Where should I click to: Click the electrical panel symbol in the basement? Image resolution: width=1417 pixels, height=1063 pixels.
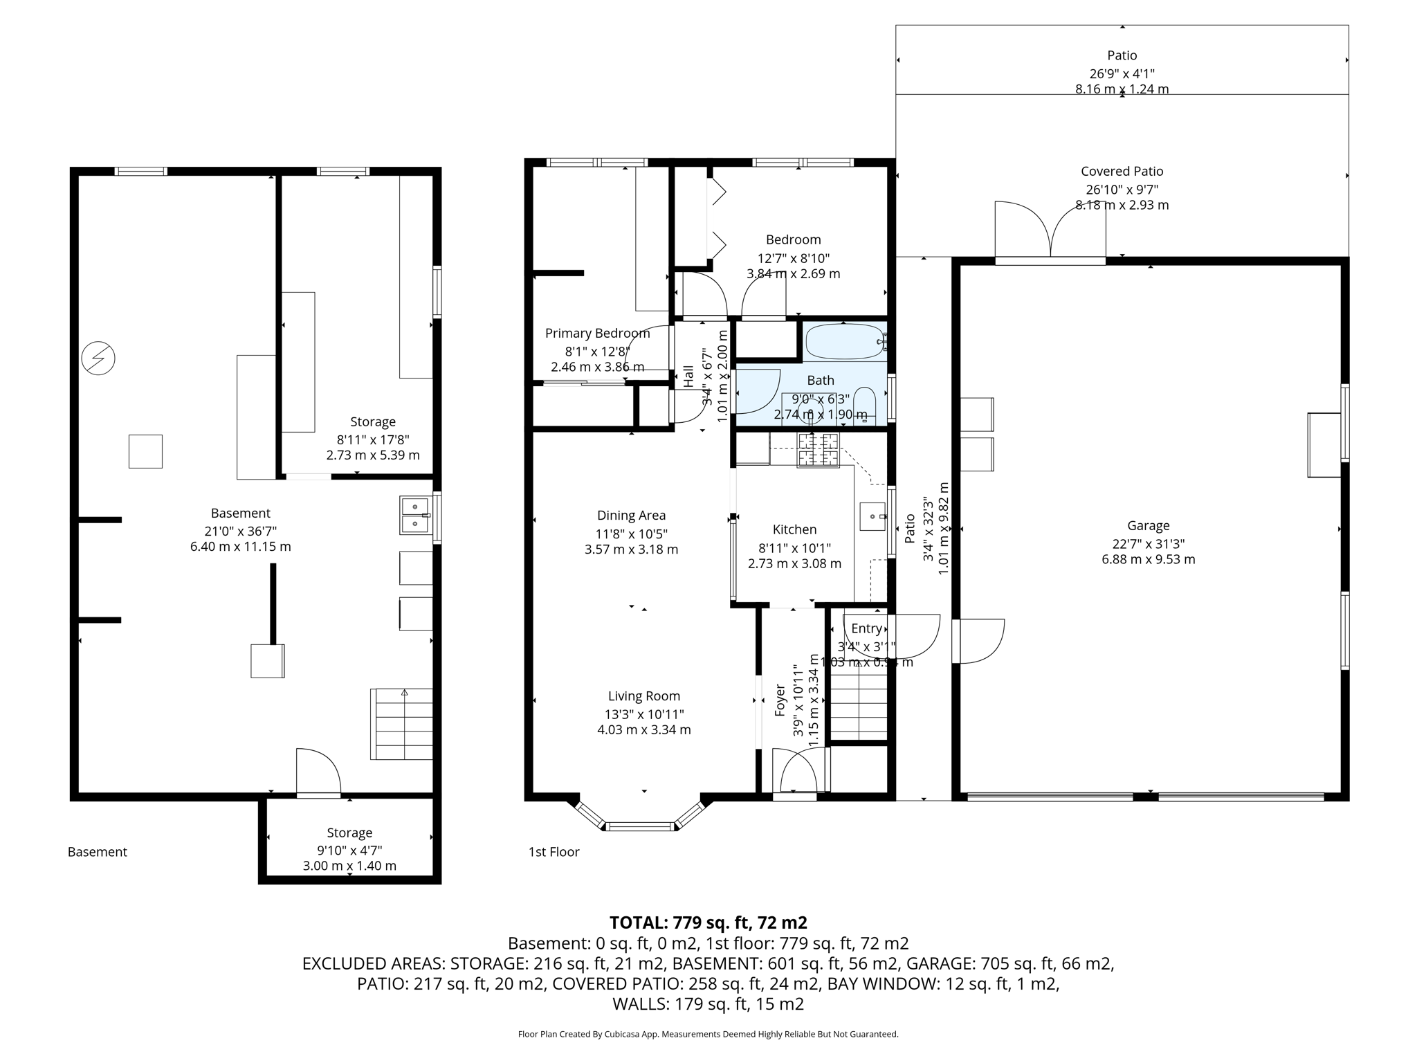point(98,358)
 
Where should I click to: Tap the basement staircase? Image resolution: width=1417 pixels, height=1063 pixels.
point(402,724)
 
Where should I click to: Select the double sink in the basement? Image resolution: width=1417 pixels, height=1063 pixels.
point(415,516)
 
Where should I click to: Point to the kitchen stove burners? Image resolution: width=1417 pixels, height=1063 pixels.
point(818,449)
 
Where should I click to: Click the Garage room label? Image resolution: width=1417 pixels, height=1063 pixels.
point(1148,525)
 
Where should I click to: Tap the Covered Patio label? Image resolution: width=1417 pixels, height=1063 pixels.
point(1122,171)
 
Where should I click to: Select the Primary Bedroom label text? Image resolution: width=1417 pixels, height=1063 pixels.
point(597,333)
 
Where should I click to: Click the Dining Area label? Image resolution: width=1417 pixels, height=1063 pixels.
point(631,515)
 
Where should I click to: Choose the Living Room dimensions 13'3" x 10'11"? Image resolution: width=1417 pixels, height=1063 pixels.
point(643,714)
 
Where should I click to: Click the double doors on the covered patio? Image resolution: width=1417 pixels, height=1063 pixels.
point(1050,230)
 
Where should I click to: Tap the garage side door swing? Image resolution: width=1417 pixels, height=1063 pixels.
point(979,640)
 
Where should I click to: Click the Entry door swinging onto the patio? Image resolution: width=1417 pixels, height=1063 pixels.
point(915,635)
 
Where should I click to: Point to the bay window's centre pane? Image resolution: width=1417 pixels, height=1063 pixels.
point(639,826)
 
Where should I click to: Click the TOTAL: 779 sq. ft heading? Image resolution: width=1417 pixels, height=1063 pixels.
point(708,923)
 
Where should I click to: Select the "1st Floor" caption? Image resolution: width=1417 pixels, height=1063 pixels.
point(554,852)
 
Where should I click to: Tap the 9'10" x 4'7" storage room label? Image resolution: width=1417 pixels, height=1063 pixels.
point(349,849)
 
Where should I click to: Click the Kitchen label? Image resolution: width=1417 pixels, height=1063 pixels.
point(794,529)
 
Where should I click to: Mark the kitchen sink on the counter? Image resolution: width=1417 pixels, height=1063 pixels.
point(872,516)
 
